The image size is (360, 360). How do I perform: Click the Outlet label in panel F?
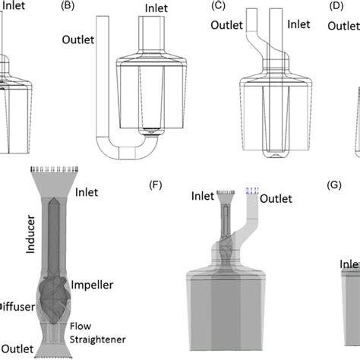click(277, 199)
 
